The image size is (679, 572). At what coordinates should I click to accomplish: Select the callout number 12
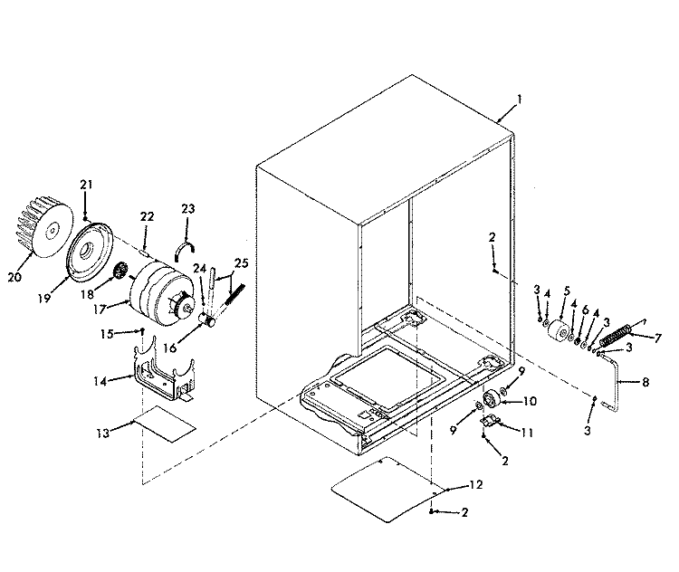click(475, 486)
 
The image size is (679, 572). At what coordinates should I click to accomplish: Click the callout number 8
click(645, 383)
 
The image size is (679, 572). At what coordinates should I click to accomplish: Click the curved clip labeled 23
click(186, 250)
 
